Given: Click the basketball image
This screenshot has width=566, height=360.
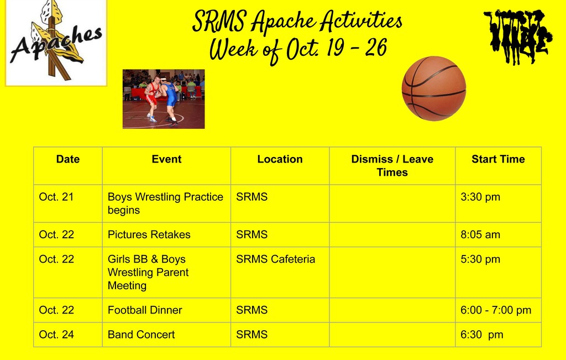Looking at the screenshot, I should tap(434, 88).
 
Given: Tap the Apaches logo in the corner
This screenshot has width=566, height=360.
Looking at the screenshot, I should tap(56, 43).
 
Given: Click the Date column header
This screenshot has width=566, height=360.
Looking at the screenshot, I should tap(68, 159).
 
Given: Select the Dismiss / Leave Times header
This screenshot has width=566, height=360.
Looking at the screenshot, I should tap(392, 165).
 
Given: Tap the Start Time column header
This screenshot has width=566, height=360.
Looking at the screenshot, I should tap(498, 159).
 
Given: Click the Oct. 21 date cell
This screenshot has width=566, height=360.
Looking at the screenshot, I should tap(56, 197).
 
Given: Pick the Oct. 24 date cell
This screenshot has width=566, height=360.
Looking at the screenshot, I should tap(56, 335).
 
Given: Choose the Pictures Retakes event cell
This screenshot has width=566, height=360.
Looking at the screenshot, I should tap(149, 234).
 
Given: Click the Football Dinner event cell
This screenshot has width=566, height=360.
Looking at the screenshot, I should tap(145, 310).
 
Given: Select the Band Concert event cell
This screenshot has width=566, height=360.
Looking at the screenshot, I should tap(141, 335).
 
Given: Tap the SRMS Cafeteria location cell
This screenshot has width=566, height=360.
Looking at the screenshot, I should tap(275, 259).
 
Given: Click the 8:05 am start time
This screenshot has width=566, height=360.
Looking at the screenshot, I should tap(480, 234).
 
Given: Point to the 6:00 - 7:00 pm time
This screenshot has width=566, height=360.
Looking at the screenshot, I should tap(496, 310).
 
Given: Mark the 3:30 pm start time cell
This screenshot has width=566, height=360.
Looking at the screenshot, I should tap(480, 197).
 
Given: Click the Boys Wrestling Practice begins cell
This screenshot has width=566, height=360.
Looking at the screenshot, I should tap(165, 203).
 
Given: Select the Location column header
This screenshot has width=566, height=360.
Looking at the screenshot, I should tap(280, 159).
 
